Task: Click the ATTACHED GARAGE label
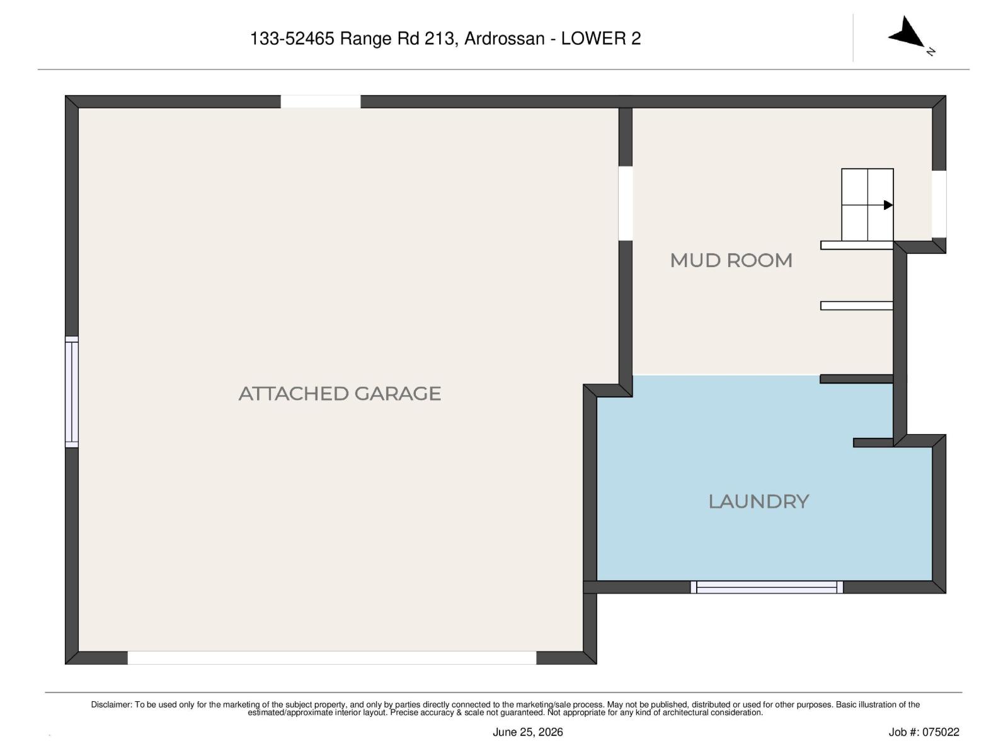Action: [x=340, y=394]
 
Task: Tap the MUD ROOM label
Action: [x=731, y=261]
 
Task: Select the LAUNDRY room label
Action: [x=759, y=501]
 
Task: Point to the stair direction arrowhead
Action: [x=888, y=205]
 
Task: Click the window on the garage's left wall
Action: [x=72, y=391]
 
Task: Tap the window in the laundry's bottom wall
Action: [x=767, y=587]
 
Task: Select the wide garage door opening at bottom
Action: [x=332, y=657]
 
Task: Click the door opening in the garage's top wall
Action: [x=321, y=101]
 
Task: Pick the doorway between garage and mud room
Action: [x=626, y=203]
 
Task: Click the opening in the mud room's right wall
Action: [x=939, y=204]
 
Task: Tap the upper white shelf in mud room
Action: [x=856, y=246]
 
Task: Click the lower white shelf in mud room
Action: [x=856, y=306]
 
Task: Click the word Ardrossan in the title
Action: [x=504, y=38]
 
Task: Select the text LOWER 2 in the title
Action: [x=600, y=38]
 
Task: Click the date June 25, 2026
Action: [x=528, y=732]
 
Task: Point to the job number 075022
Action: [x=941, y=732]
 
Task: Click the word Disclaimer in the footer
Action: [x=111, y=704]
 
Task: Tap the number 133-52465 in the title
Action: [x=292, y=38]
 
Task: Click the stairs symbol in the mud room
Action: [x=867, y=205]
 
